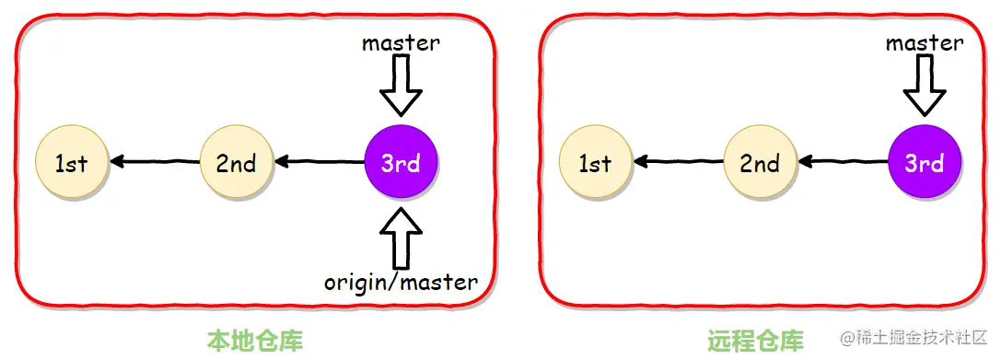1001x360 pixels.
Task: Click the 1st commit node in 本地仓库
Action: (71, 163)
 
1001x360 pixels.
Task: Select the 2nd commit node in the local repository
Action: (237, 163)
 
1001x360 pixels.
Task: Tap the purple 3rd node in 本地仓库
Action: (401, 163)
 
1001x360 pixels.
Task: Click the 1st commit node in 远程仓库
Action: (595, 163)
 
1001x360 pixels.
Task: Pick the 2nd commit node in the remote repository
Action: (760, 163)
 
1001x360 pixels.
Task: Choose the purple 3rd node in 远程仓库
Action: (925, 163)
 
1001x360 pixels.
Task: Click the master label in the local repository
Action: (401, 42)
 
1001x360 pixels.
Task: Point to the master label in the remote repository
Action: (925, 42)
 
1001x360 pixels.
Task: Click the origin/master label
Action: (401, 282)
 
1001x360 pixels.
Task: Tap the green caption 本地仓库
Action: (254, 341)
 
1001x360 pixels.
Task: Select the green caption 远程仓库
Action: (755, 341)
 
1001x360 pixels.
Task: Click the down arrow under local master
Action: (401, 86)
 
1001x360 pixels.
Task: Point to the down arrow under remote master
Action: (925, 86)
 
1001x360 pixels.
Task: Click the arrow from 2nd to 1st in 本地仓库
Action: (154, 163)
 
